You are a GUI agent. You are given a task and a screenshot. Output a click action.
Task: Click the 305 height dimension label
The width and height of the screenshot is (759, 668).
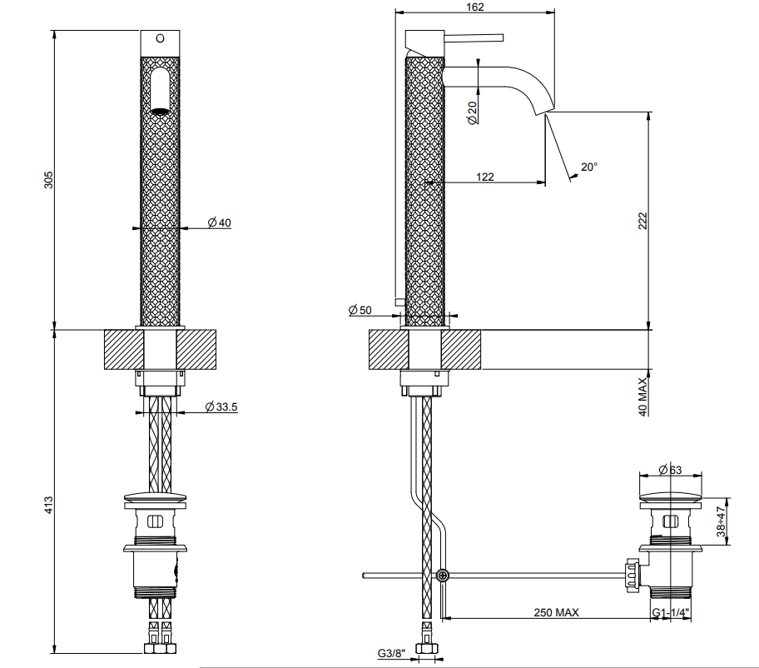(48, 180)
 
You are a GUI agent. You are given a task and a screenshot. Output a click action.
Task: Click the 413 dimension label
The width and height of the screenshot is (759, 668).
(48, 506)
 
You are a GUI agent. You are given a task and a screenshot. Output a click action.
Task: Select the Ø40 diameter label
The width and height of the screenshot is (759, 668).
(219, 223)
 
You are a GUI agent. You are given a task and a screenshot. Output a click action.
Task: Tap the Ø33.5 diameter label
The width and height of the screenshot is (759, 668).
(221, 407)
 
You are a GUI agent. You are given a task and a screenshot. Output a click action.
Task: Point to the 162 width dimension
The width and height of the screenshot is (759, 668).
(475, 7)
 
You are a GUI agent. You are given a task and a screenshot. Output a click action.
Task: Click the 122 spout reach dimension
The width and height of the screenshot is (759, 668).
(485, 177)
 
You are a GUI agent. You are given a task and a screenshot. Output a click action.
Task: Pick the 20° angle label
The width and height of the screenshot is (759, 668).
(589, 167)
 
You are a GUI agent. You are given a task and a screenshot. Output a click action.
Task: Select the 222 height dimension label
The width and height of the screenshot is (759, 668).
(642, 221)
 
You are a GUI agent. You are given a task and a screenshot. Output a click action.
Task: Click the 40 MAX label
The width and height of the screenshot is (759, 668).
(642, 396)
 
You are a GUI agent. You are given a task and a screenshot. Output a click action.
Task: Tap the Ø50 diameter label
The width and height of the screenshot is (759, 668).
(360, 310)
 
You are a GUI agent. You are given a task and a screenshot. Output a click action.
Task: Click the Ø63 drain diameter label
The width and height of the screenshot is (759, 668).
(670, 470)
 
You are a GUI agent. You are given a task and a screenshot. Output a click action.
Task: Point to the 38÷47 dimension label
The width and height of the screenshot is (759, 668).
(722, 521)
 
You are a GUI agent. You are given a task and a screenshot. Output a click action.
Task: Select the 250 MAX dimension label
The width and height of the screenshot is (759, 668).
(556, 612)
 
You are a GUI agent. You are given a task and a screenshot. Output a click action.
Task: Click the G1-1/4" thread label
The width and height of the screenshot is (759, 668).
(671, 613)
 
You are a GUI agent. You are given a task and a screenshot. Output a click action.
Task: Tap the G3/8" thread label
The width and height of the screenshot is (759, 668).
(391, 654)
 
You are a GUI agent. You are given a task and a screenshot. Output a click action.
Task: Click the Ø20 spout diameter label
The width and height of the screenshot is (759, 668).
(473, 112)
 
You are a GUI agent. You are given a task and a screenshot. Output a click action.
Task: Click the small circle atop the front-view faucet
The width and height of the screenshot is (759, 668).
(160, 37)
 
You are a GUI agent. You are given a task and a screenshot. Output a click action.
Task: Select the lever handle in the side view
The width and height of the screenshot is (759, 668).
(474, 37)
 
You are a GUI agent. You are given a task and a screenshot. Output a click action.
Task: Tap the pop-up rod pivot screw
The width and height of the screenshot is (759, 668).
(442, 576)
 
